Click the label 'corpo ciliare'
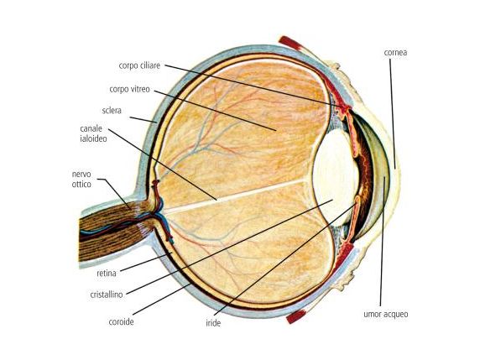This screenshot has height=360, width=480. click(139, 65)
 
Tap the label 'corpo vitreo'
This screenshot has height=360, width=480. click(129, 89)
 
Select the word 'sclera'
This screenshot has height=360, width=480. click(112, 110)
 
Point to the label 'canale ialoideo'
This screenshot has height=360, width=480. click(93, 133)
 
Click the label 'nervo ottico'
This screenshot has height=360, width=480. click(81, 179)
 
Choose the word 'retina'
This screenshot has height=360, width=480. click(107, 273)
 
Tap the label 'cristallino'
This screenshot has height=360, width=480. click(107, 295)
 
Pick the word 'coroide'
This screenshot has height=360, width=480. click(121, 322)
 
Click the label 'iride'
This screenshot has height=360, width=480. click(213, 323)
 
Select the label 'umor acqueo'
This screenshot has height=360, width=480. click(386, 314)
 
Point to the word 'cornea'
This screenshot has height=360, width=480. click(395, 52)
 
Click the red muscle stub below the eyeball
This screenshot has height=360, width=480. click(296, 316)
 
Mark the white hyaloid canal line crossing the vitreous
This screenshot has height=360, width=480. click(236, 196)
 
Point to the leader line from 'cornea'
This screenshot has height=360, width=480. click(393, 114)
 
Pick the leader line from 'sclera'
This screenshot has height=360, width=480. click(143, 119)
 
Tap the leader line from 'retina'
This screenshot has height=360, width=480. click(146, 262)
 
